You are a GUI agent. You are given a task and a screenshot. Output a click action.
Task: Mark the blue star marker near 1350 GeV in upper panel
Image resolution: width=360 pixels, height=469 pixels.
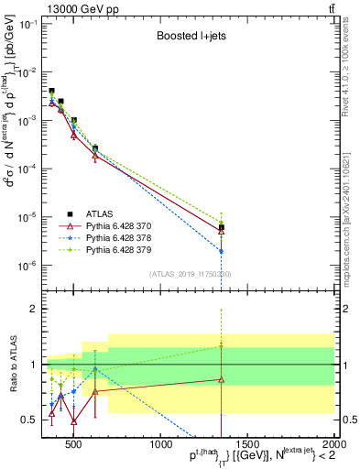[x=221, y=251]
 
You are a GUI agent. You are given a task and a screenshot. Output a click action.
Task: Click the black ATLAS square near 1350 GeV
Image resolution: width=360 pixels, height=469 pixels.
[x=221, y=227]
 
